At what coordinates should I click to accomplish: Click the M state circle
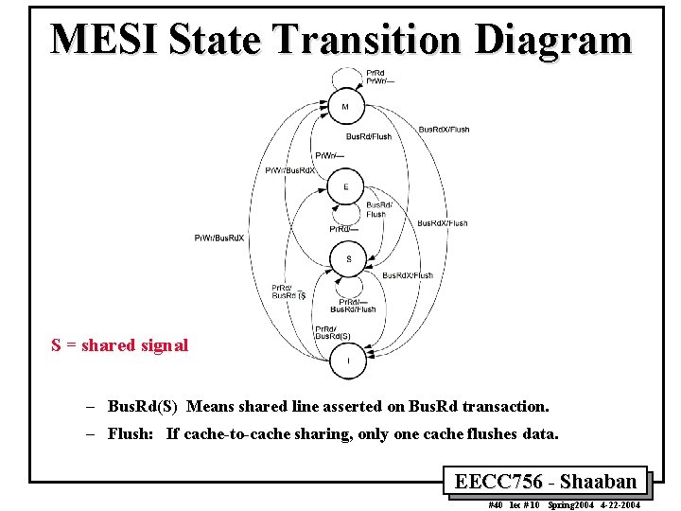[x=345, y=107]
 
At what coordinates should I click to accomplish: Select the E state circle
[x=346, y=187]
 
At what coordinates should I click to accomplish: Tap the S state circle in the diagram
[x=348, y=258]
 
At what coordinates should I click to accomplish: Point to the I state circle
[x=348, y=361]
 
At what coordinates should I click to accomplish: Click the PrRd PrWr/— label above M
[x=375, y=77]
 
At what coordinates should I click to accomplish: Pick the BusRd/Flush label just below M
[x=368, y=137]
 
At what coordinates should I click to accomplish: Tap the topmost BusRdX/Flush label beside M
[x=443, y=129]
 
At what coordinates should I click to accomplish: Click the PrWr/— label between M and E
[x=329, y=155]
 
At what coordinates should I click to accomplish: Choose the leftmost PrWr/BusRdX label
[x=219, y=238]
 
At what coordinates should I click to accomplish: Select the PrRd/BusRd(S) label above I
[x=333, y=332]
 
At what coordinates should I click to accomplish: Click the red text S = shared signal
[x=120, y=345]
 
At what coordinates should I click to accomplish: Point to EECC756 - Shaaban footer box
[x=546, y=481]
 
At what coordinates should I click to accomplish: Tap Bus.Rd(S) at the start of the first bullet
[x=143, y=407]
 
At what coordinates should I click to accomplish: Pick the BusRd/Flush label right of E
[x=377, y=209]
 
